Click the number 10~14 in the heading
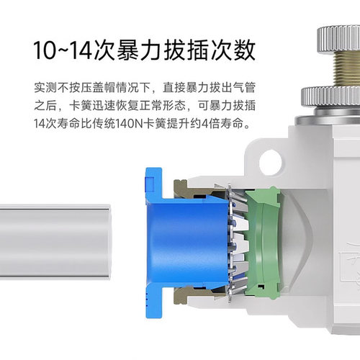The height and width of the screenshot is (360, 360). [63, 50]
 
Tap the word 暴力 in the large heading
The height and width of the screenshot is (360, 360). [138, 50]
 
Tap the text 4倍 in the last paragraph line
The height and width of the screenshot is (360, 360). [211, 124]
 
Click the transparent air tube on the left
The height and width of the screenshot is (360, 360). [55, 242]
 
